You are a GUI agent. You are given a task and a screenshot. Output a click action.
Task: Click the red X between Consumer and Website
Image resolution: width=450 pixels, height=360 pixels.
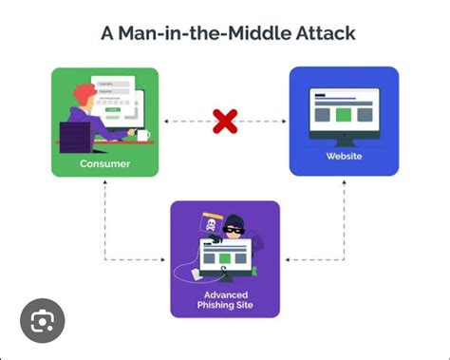(225, 121)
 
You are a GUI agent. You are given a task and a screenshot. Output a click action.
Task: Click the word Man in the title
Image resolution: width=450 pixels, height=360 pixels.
(139, 33)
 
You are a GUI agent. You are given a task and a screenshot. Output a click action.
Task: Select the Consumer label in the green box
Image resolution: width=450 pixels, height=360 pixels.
(105, 162)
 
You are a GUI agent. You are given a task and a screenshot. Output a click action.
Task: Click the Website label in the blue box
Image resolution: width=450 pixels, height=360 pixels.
(344, 156)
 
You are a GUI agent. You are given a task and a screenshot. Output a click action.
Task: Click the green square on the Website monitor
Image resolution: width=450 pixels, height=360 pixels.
(344, 113)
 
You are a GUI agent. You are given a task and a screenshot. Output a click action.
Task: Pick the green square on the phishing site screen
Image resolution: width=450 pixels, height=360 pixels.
(225, 256)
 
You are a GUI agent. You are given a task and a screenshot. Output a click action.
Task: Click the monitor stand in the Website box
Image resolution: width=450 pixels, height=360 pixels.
(344, 139)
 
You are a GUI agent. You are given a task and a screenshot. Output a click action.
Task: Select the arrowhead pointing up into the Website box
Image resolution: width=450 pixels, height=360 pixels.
(344, 181)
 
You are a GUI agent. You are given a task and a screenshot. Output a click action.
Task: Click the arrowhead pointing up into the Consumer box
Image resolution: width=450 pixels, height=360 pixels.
(105, 182)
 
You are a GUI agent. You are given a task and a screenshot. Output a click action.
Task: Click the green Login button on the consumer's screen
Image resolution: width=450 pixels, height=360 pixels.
(115, 109)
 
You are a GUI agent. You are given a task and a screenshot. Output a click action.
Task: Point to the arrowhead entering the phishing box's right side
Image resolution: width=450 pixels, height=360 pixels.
(285, 258)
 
